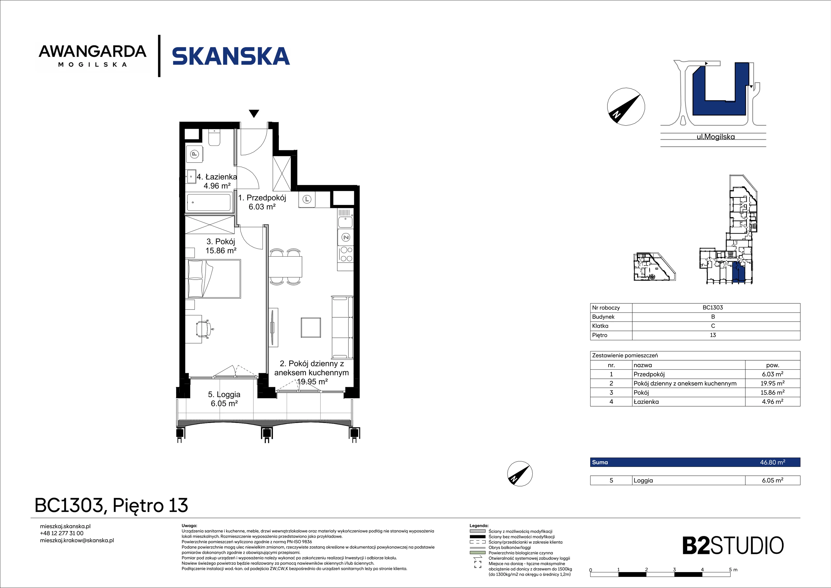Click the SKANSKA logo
[x=231, y=56]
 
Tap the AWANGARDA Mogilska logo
[x=93, y=56]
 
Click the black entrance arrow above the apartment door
[x=254, y=113]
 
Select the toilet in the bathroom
[x=214, y=137]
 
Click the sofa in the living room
[x=342, y=328]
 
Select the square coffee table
[x=311, y=328]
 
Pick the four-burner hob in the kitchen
[x=346, y=254]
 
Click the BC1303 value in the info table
[x=713, y=308]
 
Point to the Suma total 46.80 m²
[x=772, y=462]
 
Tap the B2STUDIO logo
[x=733, y=546]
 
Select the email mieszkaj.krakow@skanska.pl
[x=77, y=540]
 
